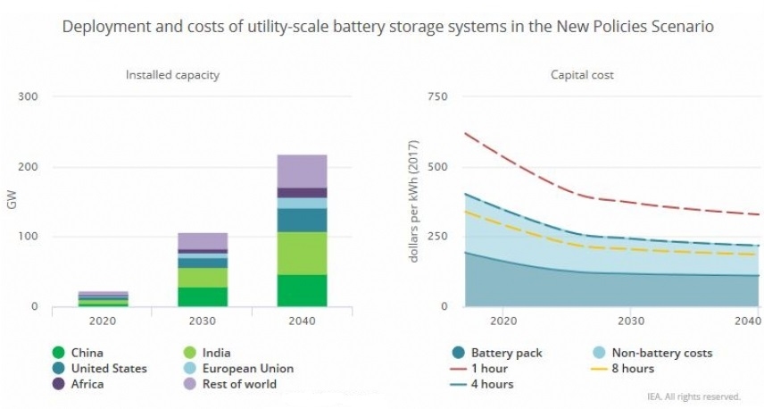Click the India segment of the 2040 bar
(x=302, y=254)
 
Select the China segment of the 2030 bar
(x=203, y=296)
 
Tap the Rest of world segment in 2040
(x=302, y=171)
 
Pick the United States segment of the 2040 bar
(x=302, y=221)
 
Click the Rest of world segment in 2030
(x=203, y=241)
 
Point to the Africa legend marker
(x=59, y=384)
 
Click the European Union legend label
(x=248, y=369)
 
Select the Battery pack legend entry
(x=497, y=353)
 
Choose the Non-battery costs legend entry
(x=652, y=353)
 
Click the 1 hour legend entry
(x=480, y=369)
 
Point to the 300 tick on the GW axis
(x=28, y=96)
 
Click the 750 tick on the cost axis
(x=437, y=96)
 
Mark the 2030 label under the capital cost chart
(x=631, y=321)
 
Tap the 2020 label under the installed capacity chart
(x=103, y=321)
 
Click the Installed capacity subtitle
(x=172, y=75)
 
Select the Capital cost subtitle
(x=582, y=75)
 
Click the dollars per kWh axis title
(x=413, y=201)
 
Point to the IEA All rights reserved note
(x=693, y=396)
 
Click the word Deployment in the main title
(x=106, y=27)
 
